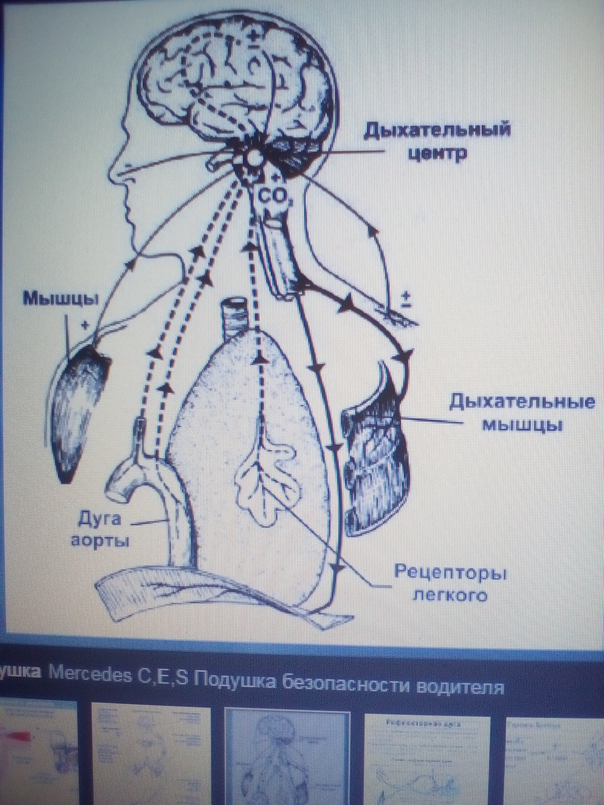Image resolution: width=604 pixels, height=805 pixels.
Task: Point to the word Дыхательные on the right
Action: (x=521, y=404)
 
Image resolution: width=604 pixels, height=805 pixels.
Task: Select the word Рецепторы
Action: (x=450, y=573)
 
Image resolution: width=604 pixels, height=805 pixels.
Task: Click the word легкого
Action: (x=449, y=595)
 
